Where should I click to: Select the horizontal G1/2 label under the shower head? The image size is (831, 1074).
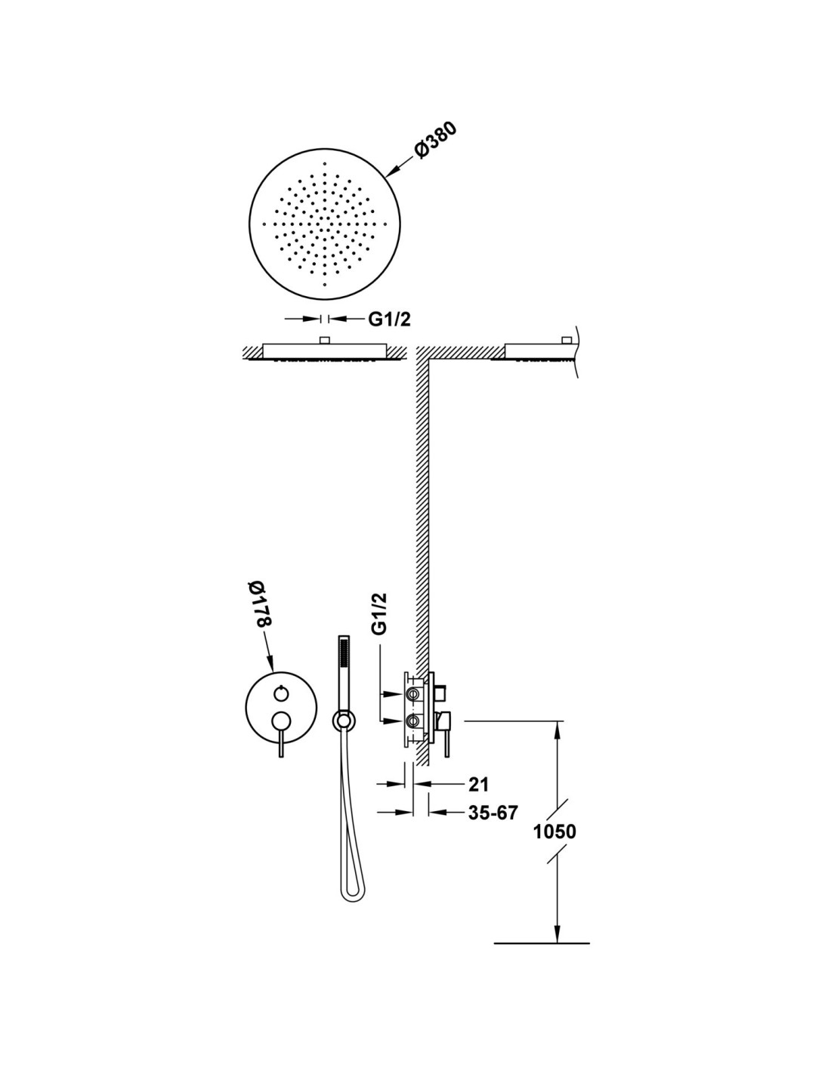(389, 319)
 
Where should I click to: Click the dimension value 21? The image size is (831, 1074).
(478, 784)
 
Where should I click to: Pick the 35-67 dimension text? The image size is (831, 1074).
(493, 813)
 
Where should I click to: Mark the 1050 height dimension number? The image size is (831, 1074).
(555, 832)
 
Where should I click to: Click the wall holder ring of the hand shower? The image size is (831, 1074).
(342, 721)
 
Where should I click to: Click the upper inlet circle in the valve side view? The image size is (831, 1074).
(412, 693)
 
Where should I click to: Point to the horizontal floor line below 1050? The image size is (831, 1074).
(541, 943)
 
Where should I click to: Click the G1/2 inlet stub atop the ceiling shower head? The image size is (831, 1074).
(325, 341)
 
